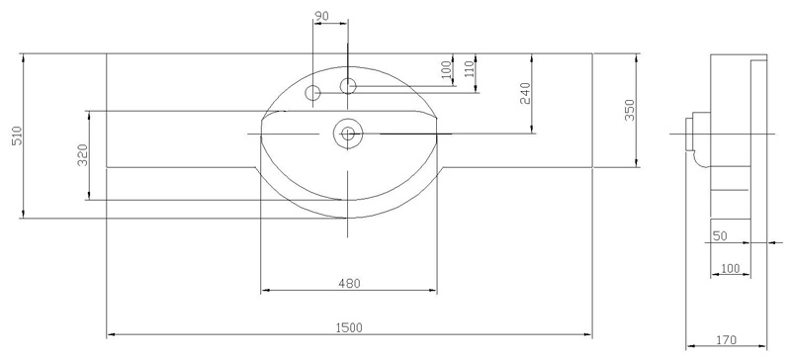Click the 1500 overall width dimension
pos(349,328)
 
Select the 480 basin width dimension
pos(349,284)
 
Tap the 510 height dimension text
pos(18,135)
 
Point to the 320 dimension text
pos(83,155)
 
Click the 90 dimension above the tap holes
pos(321,16)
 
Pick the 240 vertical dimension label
pos(525,93)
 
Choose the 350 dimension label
pos(629,110)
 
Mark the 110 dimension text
pos(469,69)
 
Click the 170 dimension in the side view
pos(726,340)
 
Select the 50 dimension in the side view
pos(720,235)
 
